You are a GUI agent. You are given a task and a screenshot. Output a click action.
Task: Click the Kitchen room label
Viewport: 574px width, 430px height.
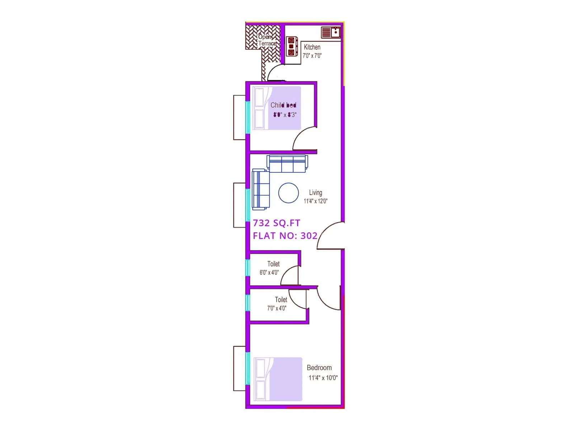[x=312, y=47]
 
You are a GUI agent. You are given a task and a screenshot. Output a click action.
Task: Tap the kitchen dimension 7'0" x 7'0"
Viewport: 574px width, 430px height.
[x=312, y=56]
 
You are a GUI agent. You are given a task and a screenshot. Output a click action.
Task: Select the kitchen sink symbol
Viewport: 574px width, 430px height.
[x=330, y=32]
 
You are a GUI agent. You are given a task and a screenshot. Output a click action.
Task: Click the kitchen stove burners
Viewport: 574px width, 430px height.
[x=291, y=47]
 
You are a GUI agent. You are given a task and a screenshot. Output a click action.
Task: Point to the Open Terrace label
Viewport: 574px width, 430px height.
[x=267, y=40]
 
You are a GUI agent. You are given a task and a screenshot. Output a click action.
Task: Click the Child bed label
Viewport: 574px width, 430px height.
[x=283, y=105]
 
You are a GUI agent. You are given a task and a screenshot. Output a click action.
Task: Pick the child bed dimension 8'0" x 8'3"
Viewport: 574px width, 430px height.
[x=285, y=115]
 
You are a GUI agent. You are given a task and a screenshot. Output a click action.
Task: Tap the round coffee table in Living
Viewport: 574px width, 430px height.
[x=288, y=193]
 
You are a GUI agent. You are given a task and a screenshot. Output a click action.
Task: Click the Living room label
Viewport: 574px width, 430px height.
[x=315, y=192]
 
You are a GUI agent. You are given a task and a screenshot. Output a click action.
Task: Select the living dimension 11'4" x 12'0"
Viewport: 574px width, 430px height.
[x=315, y=201]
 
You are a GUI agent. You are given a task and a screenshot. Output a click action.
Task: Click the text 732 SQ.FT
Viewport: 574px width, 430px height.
[x=276, y=223]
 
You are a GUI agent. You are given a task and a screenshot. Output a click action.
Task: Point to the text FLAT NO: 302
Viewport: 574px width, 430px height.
[x=285, y=236]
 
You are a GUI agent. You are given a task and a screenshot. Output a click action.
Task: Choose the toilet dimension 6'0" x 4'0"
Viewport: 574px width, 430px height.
[x=269, y=272]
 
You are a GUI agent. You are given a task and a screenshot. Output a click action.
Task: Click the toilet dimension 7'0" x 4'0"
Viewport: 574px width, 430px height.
[x=277, y=308]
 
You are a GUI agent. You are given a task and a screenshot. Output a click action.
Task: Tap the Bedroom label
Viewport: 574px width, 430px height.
[x=319, y=368]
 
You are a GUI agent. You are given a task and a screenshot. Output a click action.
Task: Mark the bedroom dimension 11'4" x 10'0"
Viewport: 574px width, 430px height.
[x=323, y=378]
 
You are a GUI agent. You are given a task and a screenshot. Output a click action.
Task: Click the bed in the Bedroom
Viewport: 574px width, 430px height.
[x=278, y=379]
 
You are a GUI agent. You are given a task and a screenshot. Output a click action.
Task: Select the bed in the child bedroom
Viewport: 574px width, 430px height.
[x=277, y=108]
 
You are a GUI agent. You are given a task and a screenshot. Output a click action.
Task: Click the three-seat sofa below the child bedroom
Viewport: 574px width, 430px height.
[x=287, y=164]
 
